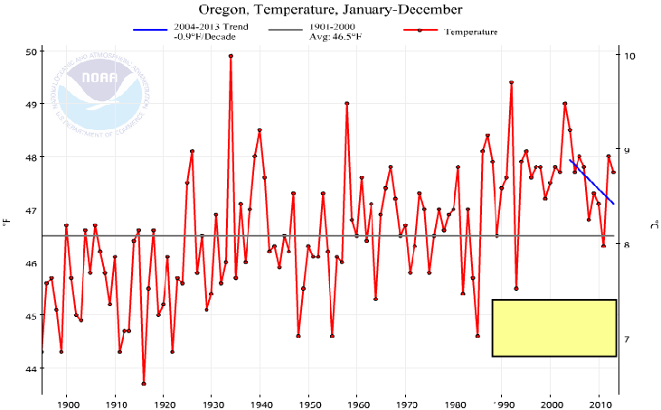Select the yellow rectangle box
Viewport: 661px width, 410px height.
[x=553, y=328]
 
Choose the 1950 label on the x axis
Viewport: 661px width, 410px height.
[x=309, y=403]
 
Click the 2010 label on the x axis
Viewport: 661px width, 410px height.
[x=600, y=403]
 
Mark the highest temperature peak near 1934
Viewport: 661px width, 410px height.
[x=231, y=56]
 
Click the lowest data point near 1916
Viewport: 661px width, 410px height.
[x=144, y=384]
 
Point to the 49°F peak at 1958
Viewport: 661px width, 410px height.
[x=347, y=103]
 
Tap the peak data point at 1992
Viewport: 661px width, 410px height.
[x=512, y=82]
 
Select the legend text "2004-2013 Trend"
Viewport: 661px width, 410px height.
[x=210, y=28]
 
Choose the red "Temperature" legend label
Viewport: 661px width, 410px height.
[x=471, y=33]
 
